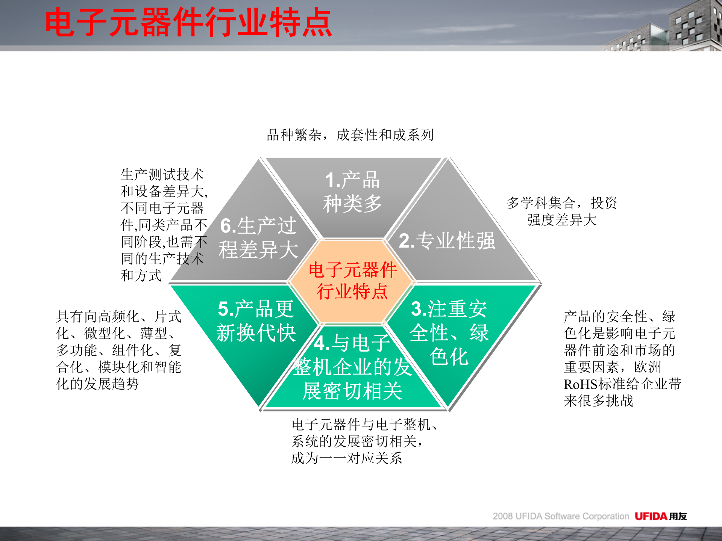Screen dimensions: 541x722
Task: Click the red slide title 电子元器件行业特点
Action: pyautogui.click(x=188, y=23)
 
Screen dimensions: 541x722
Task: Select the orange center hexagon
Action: pyautogui.click(x=352, y=281)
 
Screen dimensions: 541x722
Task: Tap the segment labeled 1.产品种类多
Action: pyautogui.click(x=352, y=192)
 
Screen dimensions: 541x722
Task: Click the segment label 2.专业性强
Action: pyautogui.click(x=447, y=241)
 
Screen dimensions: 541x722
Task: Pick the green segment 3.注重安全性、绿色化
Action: pyautogui.click(x=449, y=333)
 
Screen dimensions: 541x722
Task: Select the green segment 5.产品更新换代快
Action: pyautogui.click(x=256, y=321)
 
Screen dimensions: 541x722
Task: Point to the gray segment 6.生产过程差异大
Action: pyautogui.click(x=258, y=238)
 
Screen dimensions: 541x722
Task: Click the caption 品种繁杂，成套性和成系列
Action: pyautogui.click(x=350, y=135)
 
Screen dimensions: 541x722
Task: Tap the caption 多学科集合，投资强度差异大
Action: pyautogui.click(x=562, y=211)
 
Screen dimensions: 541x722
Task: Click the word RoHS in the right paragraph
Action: pyautogui.click(x=581, y=384)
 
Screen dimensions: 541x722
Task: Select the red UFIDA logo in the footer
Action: pyautogui.click(x=651, y=516)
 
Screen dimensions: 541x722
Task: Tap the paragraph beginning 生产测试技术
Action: pyautogui.click(x=164, y=225)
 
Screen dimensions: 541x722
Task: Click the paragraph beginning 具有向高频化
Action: pyautogui.click(x=118, y=350)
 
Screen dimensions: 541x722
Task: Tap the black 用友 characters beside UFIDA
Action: pyautogui.click(x=678, y=516)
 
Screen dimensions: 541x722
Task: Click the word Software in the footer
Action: pyautogui.click(x=562, y=516)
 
